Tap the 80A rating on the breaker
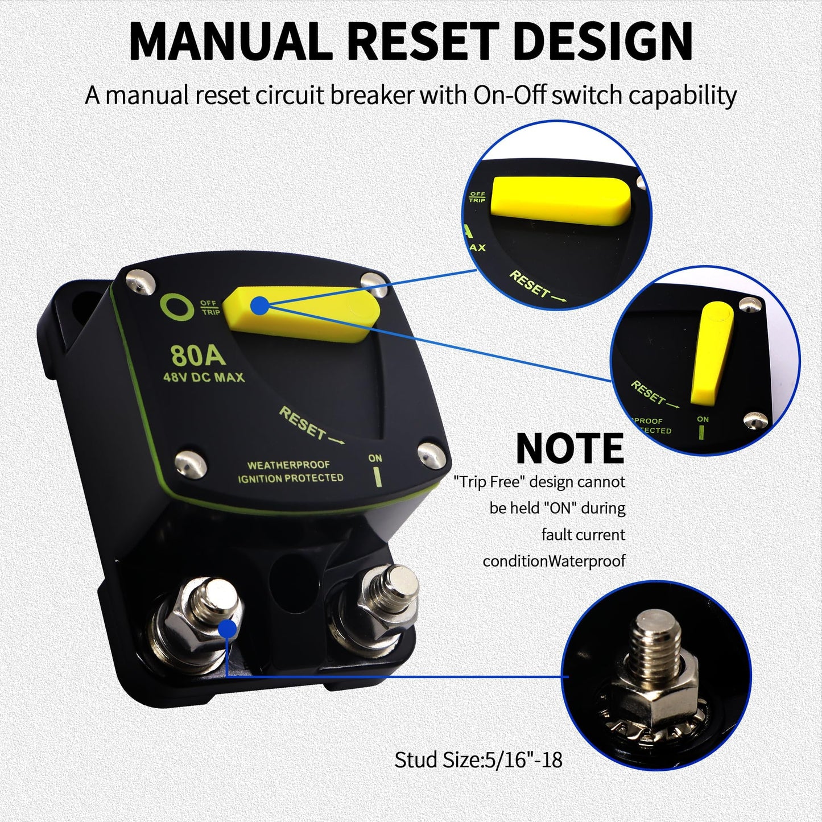(x=198, y=356)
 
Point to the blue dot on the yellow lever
(x=260, y=305)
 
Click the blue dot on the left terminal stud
(x=228, y=629)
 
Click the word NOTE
(x=569, y=449)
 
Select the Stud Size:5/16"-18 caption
(x=478, y=760)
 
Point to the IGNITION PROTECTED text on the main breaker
(x=290, y=478)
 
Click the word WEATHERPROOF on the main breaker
(x=288, y=465)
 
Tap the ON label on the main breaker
(x=375, y=458)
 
